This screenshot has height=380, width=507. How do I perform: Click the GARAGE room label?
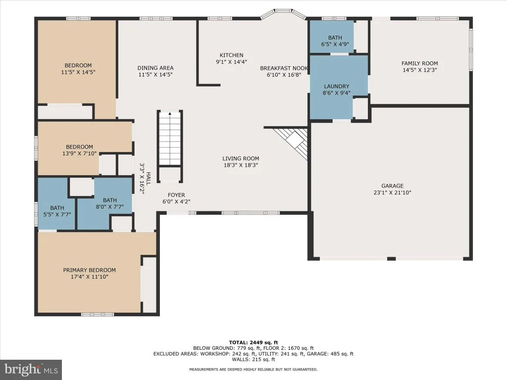pyautogui.click(x=392, y=186)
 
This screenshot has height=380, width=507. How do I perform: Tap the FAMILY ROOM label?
pyautogui.click(x=420, y=63)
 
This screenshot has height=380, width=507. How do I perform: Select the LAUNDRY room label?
pyautogui.click(x=337, y=86)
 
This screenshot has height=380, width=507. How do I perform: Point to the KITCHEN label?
pyautogui.click(x=232, y=55)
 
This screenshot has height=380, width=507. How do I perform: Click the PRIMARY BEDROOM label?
pyautogui.click(x=89, y=270)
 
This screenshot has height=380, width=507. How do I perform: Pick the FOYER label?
pyautogui.click(x=176, y=195)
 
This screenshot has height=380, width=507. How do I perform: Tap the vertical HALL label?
pyautogui.click(x=149, y=179)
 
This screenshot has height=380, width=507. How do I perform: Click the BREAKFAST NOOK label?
pyautogui.click(x=284, y=68)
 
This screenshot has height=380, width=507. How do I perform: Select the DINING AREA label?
pyautogui.click(x=155, y=68)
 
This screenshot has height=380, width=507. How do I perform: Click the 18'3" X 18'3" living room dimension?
pyautogui.click(x=241, y=165)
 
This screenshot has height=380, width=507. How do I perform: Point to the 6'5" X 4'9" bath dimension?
pyautogui.click(x=335, y=44)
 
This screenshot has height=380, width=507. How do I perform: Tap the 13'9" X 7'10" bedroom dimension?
pyautogui.click(x=80, y=153)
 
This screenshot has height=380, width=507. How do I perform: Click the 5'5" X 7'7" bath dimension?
pyautogui.click(x=57, y=214)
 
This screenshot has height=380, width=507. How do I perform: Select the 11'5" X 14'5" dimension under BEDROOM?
pyautogui.click(x=78, y=72)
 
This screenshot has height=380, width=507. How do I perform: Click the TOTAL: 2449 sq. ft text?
pyautogui.click(x=253, y=342)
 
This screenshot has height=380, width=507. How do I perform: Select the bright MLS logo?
pyautogui.click(x=31, y=370)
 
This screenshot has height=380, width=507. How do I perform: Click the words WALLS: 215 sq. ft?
pyautogui.click(x=253, y=359)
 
